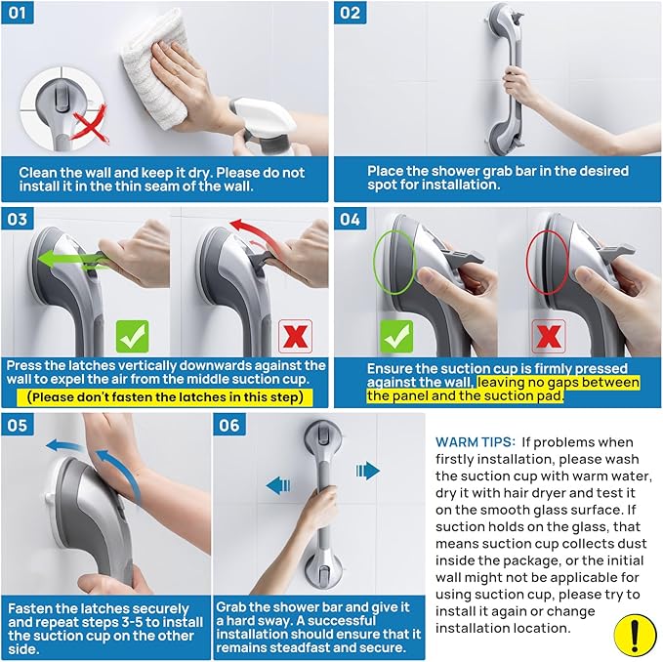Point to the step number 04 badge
pyautogui.click(x=351, y=220)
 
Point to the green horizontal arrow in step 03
pyautogui.click(x=73, y=261)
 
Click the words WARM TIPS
pyautogui.click(x=477, y=442)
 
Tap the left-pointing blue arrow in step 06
pyautogui.click(x=278, y=484)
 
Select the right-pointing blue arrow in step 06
pyautogui.click(x=367, y=471)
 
